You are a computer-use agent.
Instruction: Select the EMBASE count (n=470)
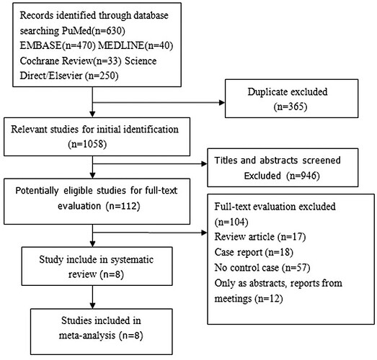coord(79,45)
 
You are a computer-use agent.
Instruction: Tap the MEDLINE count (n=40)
coord(159,45)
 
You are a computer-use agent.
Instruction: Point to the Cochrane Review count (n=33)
coord(107,61)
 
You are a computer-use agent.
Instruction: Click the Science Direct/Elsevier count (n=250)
coord(102,76)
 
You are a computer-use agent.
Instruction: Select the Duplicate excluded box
coord(291,99)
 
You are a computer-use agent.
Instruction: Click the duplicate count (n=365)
coord(290,107)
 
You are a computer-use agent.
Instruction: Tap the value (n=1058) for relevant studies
coord(87,144)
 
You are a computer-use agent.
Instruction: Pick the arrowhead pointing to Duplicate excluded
coord(222,103)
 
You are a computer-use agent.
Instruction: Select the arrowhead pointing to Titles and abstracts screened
coord(204,164)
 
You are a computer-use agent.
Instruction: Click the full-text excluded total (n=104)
coord(231,222)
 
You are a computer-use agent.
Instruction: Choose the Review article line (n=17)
coord(260,237)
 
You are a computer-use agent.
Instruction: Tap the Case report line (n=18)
coord(254,253)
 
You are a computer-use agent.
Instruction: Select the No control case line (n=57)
coord(262,268)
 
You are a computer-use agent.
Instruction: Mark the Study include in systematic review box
coord(97,266)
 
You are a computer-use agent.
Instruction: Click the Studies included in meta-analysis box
coord(102,332)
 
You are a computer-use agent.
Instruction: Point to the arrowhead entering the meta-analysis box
coord(92,306)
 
